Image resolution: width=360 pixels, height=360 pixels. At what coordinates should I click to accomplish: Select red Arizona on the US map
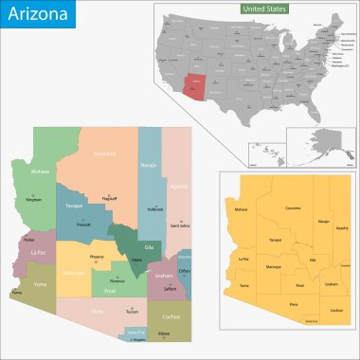click(197, 83)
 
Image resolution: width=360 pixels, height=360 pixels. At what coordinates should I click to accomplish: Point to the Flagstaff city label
click(109, 172)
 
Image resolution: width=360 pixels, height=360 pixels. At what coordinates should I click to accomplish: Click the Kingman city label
click(34, 201)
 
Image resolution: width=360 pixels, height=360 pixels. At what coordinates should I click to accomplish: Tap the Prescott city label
click(84, 225)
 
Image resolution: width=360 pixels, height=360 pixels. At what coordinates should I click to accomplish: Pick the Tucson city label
click(132, 311)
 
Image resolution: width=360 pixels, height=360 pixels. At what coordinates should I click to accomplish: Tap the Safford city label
click(170, 288)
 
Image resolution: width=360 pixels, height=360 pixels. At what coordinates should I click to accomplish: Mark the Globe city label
click(136, 258)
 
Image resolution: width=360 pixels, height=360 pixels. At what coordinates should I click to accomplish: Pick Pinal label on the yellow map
click(299, 284)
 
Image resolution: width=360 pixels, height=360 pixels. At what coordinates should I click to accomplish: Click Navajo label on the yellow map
click(323, 221)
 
